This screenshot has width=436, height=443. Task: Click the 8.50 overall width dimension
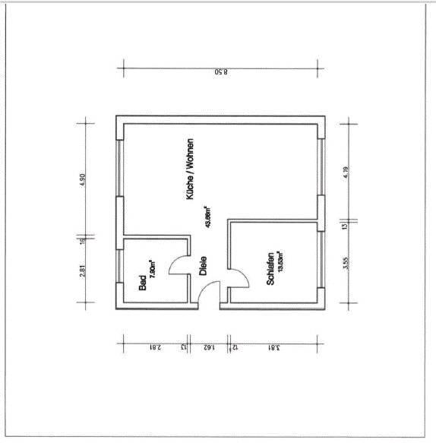coord(220,73)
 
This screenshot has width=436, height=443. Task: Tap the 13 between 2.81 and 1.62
coord(184,347)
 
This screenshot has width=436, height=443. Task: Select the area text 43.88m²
coord(207,217)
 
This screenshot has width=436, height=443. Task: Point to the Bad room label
coord(142,283)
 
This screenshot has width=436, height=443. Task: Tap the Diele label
coord(203,264)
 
